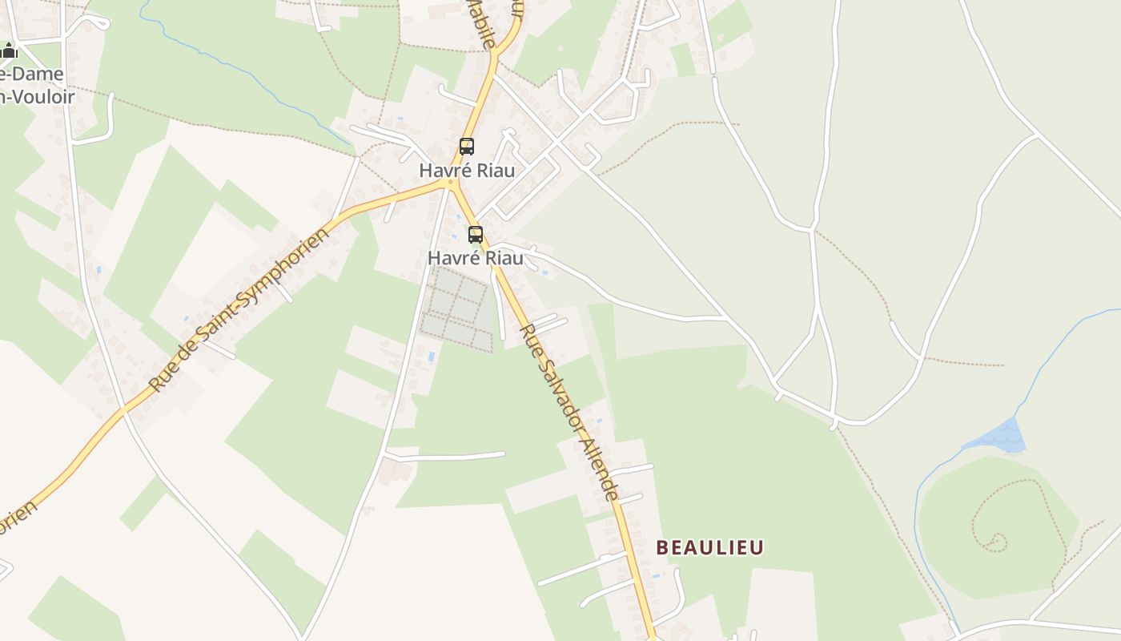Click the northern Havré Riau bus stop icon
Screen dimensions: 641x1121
467,147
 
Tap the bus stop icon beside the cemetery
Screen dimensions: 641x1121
476,235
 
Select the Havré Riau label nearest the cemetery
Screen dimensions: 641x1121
475,258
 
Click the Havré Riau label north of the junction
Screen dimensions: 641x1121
467,171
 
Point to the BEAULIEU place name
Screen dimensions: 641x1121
709,547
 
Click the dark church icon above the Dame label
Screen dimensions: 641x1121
9,51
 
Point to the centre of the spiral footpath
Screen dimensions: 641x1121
998,542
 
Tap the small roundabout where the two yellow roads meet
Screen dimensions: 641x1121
452,183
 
